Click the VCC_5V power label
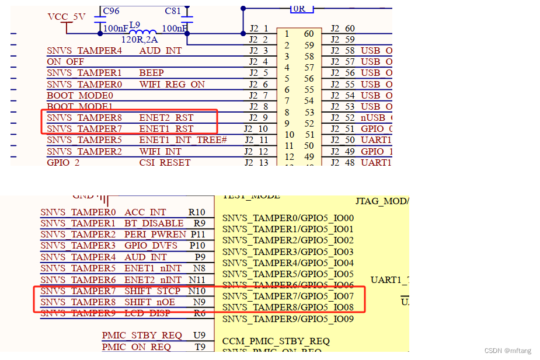tap(66, 17)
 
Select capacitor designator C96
tap(111, 11)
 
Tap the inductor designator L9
tap(135, 26)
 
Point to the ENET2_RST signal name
tap(166, 117)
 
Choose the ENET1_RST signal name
tap(166, 128)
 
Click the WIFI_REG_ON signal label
tap(172, 84)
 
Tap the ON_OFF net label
tap(65, 62)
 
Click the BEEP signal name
tap(151, 73)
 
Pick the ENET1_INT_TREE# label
tap(183, 139)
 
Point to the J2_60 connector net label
tap(342, 29)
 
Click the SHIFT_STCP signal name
tap(152, 291)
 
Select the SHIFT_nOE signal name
tap(149, 302)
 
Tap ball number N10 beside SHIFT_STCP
tap(197, 291)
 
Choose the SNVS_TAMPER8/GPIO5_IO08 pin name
tap(288, 307)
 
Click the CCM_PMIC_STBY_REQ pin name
tap(276, 341)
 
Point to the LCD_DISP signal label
tap(147, 313)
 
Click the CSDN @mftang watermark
tap(508, 350)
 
